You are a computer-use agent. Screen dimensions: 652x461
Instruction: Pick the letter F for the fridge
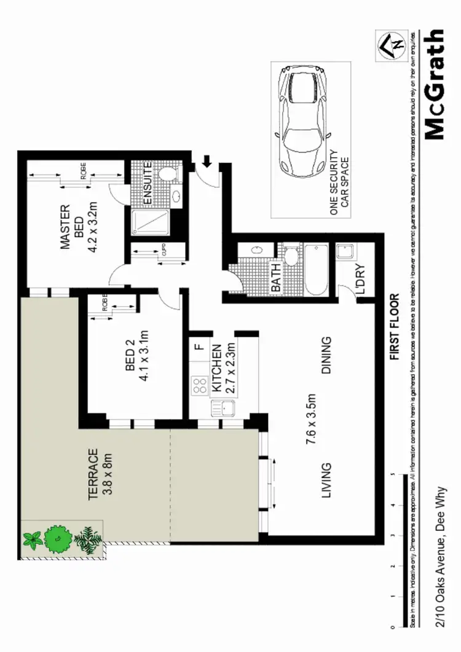(x=198, y=347)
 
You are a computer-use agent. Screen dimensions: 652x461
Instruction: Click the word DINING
(x=326, y=355)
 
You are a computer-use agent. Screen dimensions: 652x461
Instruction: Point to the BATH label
(x=276, y=277)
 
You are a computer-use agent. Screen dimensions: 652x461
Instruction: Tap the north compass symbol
(x=392, y=43)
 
